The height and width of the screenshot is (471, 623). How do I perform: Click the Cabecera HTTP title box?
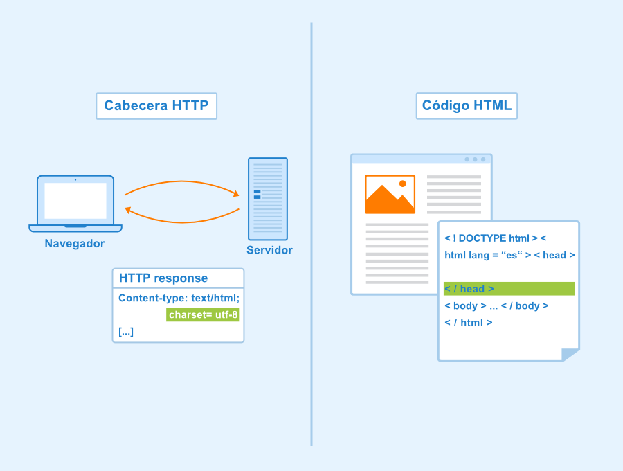[156, 106]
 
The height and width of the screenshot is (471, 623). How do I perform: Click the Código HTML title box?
[467, 106]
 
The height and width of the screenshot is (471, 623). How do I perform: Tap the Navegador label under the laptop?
[75, 243]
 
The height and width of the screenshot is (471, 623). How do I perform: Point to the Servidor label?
[269, 250]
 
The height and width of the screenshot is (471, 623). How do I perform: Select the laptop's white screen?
[75, 201]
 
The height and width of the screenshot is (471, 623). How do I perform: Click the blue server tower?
[268, 199]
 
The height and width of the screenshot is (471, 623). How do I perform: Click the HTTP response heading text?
[163, 278]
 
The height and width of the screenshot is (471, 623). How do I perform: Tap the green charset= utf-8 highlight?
[203, 314]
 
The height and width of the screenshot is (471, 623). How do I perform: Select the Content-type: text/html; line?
[179, 298]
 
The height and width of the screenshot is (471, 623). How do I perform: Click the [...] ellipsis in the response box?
[126, 332]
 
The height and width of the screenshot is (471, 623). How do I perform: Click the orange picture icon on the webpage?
[390, 195]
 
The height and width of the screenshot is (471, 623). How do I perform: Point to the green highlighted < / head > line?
[509, 289]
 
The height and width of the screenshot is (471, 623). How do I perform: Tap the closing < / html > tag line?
[469, 323]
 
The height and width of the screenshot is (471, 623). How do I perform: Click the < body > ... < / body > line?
[496, 305]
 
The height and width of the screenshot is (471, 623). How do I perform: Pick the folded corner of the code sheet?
[570, 355]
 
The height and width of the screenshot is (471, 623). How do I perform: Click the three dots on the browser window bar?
[475, 159]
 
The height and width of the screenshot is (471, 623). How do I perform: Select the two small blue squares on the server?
[257, 195]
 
